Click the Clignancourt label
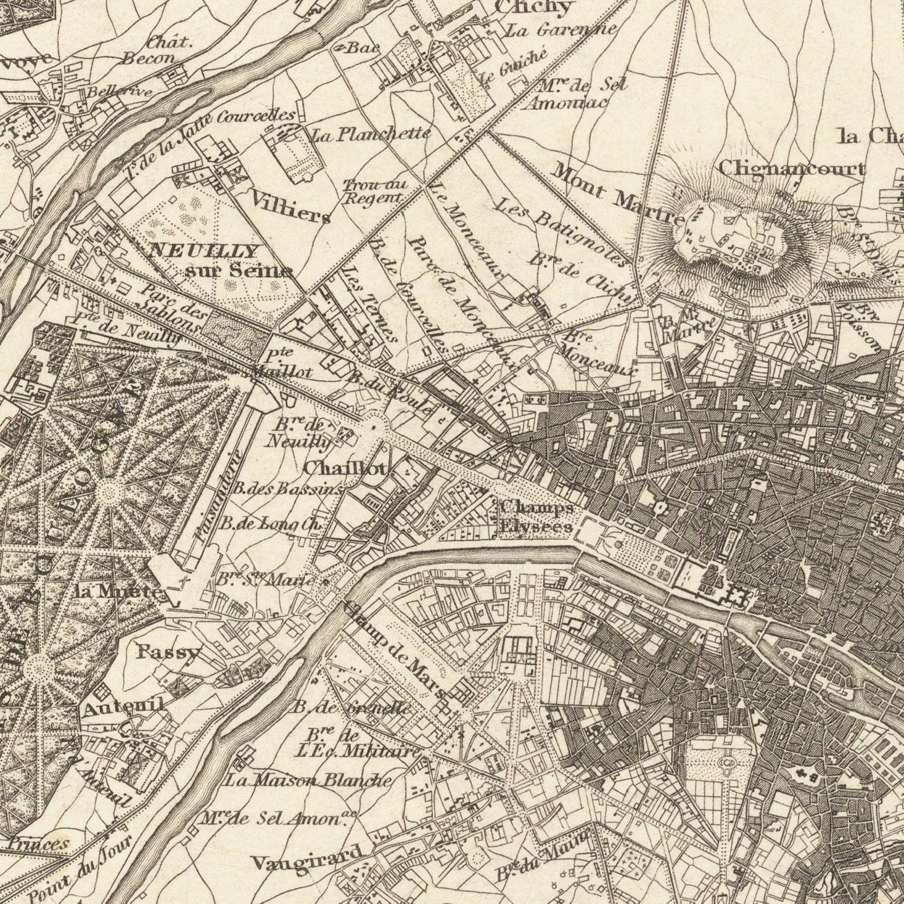791,169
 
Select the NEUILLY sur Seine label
222,260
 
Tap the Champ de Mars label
395,649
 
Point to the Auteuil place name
124,706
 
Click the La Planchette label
370,134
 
